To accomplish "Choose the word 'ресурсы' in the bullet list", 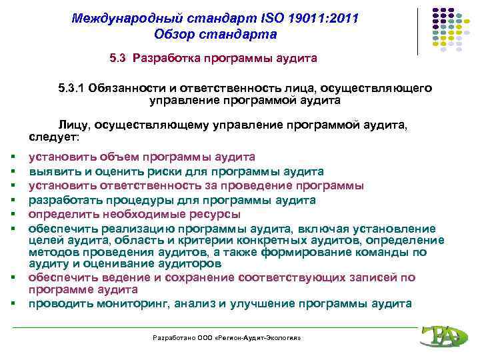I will [217, 214].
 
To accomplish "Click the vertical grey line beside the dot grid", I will [419, 31].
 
